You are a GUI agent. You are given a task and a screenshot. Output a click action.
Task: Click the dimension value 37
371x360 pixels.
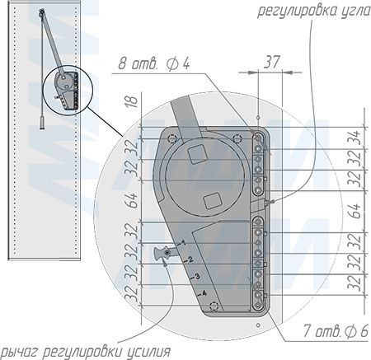[271, 63]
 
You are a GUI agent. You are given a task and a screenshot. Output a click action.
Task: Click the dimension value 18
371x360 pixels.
[133, 102]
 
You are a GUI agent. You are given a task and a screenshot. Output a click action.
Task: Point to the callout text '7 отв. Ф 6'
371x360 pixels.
[336, 330]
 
